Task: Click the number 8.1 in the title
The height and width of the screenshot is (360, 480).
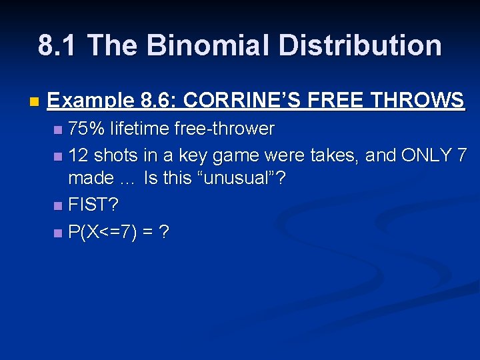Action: coord(59,45)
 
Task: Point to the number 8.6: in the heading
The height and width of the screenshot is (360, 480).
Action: coord(159,101)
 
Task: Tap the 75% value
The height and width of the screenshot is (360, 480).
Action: coord(87,128)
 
